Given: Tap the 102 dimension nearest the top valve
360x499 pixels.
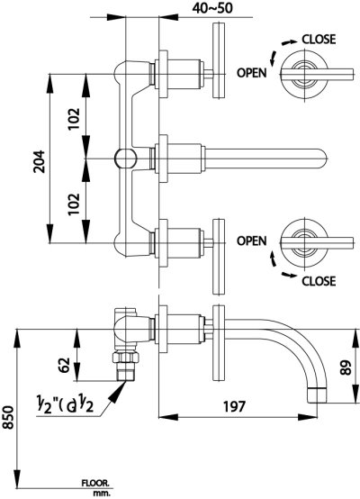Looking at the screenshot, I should [x=75, y=116].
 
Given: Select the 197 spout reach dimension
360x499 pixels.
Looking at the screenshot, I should [x=237, y=407].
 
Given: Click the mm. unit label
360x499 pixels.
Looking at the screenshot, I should [x=100, y=494].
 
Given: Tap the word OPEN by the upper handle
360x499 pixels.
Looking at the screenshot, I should [x=253, y=74].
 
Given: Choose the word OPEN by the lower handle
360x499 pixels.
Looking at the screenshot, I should [x=253, y=240].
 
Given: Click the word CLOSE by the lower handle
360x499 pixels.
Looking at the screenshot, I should [x=318, y=279].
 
